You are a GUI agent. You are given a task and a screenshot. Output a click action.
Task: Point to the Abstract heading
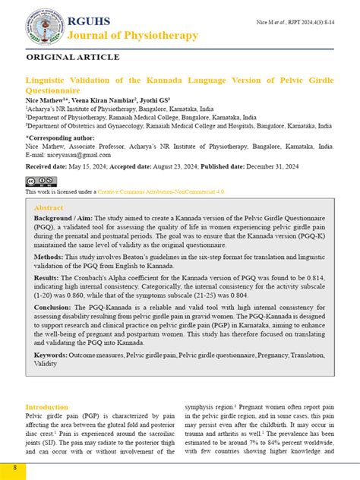(x=49, y=207)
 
